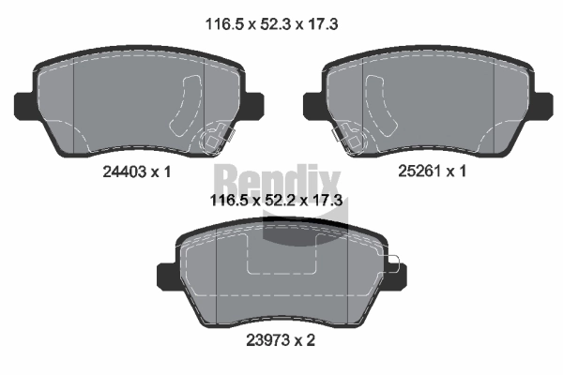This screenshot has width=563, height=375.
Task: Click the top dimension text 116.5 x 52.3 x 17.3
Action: tap(271, 24)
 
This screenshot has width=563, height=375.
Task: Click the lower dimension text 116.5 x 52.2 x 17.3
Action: tap(276, 201)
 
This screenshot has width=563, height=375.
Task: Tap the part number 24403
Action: tap(125, 172)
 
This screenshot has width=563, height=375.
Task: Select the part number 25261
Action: tap(419, 171)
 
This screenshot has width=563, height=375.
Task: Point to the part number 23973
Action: tap(267, 339)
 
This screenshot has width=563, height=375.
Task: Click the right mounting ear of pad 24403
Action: tap(254, 105)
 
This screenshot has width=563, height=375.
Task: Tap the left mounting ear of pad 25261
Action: tap(313, 105)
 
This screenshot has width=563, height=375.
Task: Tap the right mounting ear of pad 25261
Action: tap(543, 105)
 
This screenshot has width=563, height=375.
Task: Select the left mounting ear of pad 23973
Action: tap(167, 276)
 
